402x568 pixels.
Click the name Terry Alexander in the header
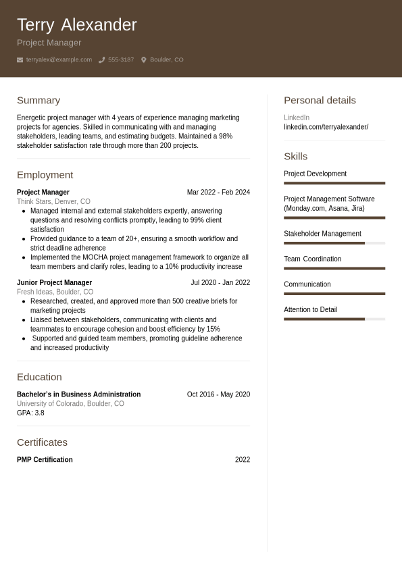[76, 25]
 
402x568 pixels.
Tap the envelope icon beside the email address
[20, 60]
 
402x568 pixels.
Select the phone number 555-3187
[121, 60]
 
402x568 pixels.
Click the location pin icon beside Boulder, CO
[143, 60]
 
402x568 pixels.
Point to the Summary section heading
[39, 100]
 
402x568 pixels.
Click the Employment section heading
[45, 175]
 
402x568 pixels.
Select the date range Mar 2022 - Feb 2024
[218, 192]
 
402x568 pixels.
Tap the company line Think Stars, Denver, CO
[53, 201]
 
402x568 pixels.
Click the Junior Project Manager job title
[54, 283]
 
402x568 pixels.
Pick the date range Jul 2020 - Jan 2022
[220, 283]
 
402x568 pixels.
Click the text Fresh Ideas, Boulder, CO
[55, 292]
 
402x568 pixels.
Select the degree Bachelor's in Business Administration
[78, 394]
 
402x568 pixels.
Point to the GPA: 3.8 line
[30, 413]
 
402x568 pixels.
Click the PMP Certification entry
[45, 460]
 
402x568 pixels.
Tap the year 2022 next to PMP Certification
[242, 460]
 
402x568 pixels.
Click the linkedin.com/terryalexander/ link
[326, 127]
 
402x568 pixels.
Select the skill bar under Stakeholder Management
[334, 243]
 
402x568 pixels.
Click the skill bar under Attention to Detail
[334, 319]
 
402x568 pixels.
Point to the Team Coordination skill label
[312, 259]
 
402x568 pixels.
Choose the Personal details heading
[320, 100]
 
